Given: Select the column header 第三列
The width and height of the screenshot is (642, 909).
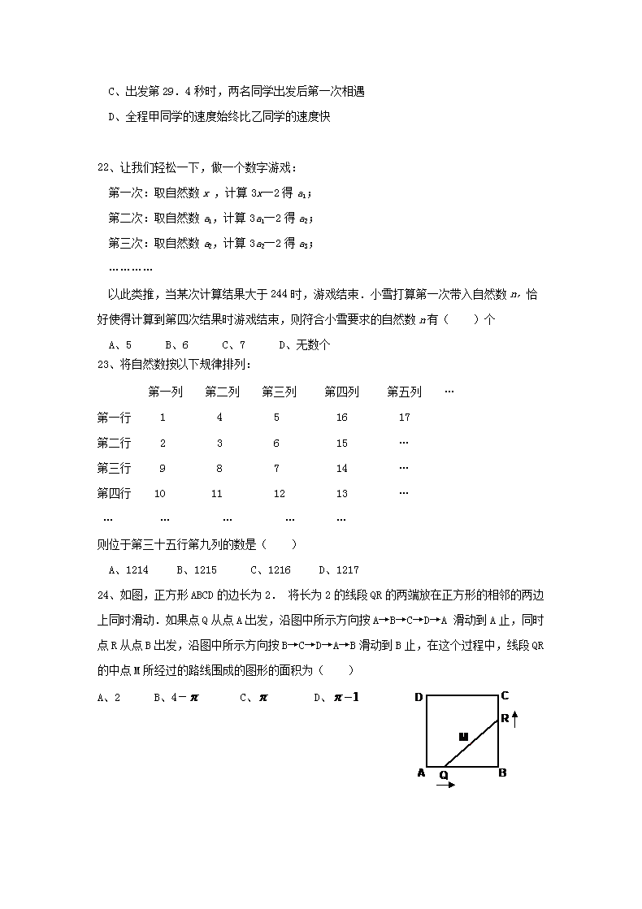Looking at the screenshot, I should click(279, 392).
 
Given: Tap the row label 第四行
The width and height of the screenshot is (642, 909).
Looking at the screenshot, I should click(114, 493).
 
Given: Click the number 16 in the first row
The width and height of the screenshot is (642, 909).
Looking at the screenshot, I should click(341, 418).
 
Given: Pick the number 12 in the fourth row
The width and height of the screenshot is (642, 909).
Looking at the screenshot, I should click(279, 493).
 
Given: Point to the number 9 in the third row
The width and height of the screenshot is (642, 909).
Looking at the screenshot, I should click(163, 468).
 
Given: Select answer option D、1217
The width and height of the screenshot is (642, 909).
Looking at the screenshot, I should click(339, 570).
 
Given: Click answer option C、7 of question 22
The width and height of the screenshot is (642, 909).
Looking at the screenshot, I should click(233, 345).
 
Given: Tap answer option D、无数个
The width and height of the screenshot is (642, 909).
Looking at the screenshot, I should click(304, 345).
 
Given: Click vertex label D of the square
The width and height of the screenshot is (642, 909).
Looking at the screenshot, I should click(419, 697).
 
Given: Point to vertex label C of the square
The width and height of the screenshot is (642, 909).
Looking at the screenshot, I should click(505, 695).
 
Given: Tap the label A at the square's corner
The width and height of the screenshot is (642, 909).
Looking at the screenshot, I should click(421, 773).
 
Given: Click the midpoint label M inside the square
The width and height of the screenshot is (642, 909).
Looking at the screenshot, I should click(463, 737).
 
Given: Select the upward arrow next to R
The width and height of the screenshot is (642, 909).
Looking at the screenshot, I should click(514, 718).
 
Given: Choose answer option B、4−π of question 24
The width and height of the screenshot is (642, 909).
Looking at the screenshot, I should click(176, 697).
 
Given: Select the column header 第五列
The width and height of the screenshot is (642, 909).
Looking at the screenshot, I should click(404, 392).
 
